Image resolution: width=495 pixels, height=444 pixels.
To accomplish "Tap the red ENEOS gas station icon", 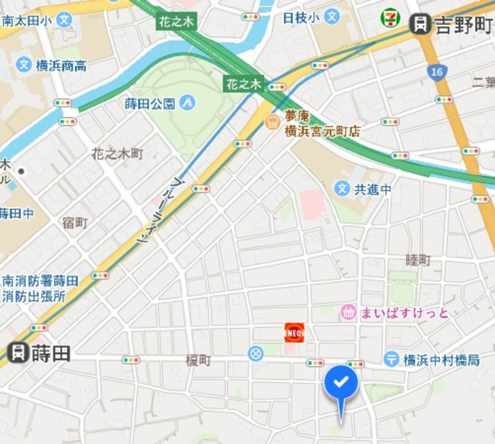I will [295, 332].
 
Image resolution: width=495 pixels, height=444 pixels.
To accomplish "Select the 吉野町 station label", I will [463, 25].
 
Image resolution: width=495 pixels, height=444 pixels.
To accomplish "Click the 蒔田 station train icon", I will [17, 353].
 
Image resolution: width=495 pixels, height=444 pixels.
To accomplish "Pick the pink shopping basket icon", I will [348, 313].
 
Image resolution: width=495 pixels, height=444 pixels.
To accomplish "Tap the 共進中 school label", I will [372, 188].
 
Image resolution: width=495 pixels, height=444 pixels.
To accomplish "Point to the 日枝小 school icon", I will [332, 15].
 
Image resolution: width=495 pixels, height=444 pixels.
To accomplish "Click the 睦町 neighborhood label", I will [418, 261].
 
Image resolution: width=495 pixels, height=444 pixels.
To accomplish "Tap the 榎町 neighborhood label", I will [198, 361].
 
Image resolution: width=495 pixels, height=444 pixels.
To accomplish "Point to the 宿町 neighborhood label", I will [75, 223].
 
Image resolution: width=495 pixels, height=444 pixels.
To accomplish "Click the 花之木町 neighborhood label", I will [118, 154].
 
